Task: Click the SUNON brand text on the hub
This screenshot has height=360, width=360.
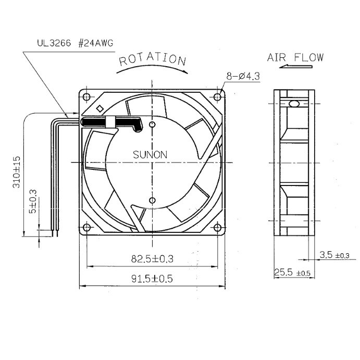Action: coord(150,155)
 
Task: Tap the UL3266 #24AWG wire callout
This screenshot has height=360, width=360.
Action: coord(76,43)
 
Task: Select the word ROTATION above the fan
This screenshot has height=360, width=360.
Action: coord(153,59)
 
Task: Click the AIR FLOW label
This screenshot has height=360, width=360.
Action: coord(295,57)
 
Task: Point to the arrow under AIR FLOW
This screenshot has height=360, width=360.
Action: coord(296,67)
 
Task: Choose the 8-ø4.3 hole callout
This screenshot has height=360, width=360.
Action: coord(243,76)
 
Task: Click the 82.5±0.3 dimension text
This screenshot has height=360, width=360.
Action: coord(152,259)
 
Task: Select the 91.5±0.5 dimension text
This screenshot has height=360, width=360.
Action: coord(152,279)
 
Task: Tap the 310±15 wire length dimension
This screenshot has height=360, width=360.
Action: coord(17,172)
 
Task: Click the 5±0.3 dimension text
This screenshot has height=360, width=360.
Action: coord(33,201)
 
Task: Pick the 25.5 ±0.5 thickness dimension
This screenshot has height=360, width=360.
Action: coord(292,272)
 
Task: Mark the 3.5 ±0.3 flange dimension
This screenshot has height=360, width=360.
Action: coord(334,255)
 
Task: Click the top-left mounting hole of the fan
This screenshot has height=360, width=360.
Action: coord(86,97)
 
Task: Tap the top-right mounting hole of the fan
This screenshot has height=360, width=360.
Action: coord(217,97)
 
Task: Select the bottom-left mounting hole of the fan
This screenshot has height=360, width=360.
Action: coord(86,228)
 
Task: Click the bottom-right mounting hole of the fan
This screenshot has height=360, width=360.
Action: coord(217,228)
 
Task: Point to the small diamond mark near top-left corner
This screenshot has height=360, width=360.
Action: coord(100,108)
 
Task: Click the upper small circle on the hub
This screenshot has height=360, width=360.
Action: coord(152,125)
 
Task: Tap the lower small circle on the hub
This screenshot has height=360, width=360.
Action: coord(152,201)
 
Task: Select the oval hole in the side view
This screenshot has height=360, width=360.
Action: coord(294,104)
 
